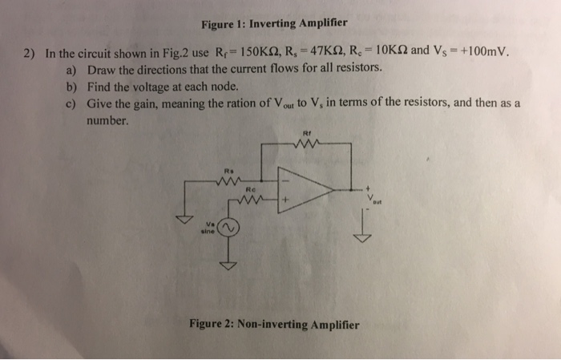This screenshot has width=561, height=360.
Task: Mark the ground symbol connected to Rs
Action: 184,217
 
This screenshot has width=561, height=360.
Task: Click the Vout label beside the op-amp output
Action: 372,196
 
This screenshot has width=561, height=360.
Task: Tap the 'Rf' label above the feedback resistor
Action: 307,133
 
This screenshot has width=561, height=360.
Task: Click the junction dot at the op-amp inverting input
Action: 262,180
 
